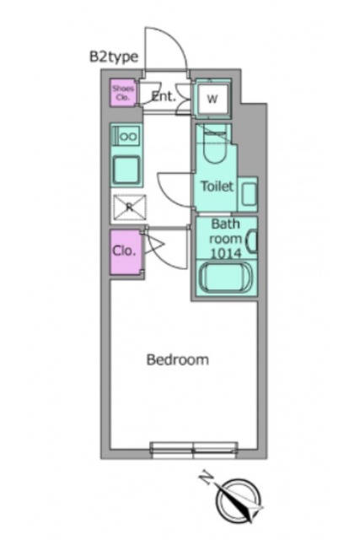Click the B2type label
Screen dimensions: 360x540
click(114, 57)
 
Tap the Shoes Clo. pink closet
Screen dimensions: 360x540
click(123, 93)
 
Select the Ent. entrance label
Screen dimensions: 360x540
click(164, 96)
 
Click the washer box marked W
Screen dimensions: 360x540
click(212, 99)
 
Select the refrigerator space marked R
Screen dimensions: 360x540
click(130, 207)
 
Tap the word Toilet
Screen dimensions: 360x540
click(218, 186)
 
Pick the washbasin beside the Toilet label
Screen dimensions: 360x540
click(250, 195)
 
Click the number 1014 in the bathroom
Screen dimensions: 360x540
click(226, 253)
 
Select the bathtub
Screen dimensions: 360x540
click(226, 278)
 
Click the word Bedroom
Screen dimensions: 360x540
click(178, 359)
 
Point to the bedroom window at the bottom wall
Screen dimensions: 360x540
click(194, 451)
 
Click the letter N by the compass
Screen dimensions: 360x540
click(207, 478)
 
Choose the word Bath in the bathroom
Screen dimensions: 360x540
click(225, 224)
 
